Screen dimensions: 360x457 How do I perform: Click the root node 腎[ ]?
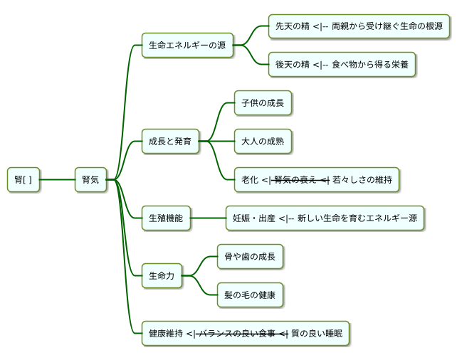(x=23, y=180)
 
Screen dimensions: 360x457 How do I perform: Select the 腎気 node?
(x=90, y=180)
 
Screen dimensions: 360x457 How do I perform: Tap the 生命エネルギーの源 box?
(x=187, y=46)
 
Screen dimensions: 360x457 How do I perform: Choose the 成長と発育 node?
(x=169, y=142)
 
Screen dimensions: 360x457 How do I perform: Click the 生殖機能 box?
(x=166, y=218)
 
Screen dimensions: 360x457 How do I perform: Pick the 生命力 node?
(x=162, y=276)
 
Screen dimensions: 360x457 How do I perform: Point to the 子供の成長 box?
(x=263, y=103)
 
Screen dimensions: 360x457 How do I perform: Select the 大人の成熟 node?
(x=263, y=142)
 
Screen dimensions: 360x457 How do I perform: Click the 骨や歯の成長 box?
(x=250, y=257)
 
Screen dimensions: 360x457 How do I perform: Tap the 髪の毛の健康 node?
(x=250, y=295)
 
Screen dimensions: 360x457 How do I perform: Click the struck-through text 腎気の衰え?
(x=295, y=180)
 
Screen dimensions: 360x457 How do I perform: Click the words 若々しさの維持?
(x=362, y=180)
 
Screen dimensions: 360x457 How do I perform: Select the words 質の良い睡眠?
(x=317, y=334)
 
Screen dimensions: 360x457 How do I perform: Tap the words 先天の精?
(x=292, y=26)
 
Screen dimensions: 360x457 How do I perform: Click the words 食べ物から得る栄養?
(x=370, y=65)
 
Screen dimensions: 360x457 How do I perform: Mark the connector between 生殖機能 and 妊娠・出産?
(x=208, y=218)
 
